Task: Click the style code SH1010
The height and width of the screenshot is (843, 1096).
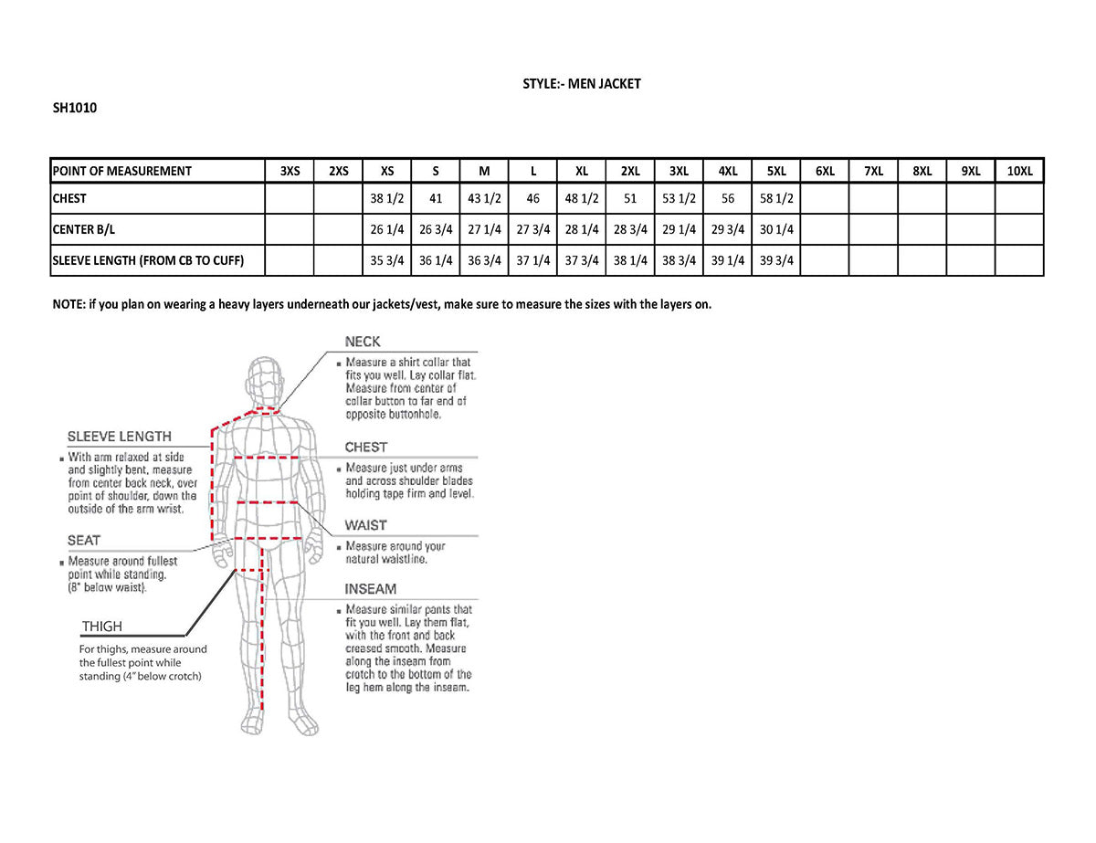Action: point(75,108)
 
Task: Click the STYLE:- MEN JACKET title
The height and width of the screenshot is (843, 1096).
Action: point(582,84)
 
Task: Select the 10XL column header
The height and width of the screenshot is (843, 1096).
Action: point(1019,171)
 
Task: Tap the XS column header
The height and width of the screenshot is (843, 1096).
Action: point(387,171)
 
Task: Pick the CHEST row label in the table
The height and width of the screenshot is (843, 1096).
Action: point(70,198)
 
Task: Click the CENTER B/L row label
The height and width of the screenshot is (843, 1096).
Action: point(83,229)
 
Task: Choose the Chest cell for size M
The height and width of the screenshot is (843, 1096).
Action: point(485,198)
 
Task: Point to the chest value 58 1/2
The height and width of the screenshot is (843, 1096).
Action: point(776,198)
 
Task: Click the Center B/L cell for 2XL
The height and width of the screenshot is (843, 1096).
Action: point(630,229)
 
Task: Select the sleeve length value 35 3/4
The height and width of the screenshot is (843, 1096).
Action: point(387,260)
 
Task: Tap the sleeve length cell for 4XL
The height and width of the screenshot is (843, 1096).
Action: point(728,260)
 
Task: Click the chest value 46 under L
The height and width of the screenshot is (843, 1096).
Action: point(533,198)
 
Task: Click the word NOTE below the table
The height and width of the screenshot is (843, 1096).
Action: point(68,304)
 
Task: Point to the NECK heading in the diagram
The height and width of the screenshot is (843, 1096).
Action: point(363,342)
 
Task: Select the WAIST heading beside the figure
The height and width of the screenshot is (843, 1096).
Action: point(365,525)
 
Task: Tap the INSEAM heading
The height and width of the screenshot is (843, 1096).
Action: point(370,589)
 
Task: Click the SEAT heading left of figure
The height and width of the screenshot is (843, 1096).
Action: point(84,541)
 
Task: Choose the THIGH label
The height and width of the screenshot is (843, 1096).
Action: point(101,627)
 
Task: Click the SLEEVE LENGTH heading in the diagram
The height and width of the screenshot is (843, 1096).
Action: point(119,437)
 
